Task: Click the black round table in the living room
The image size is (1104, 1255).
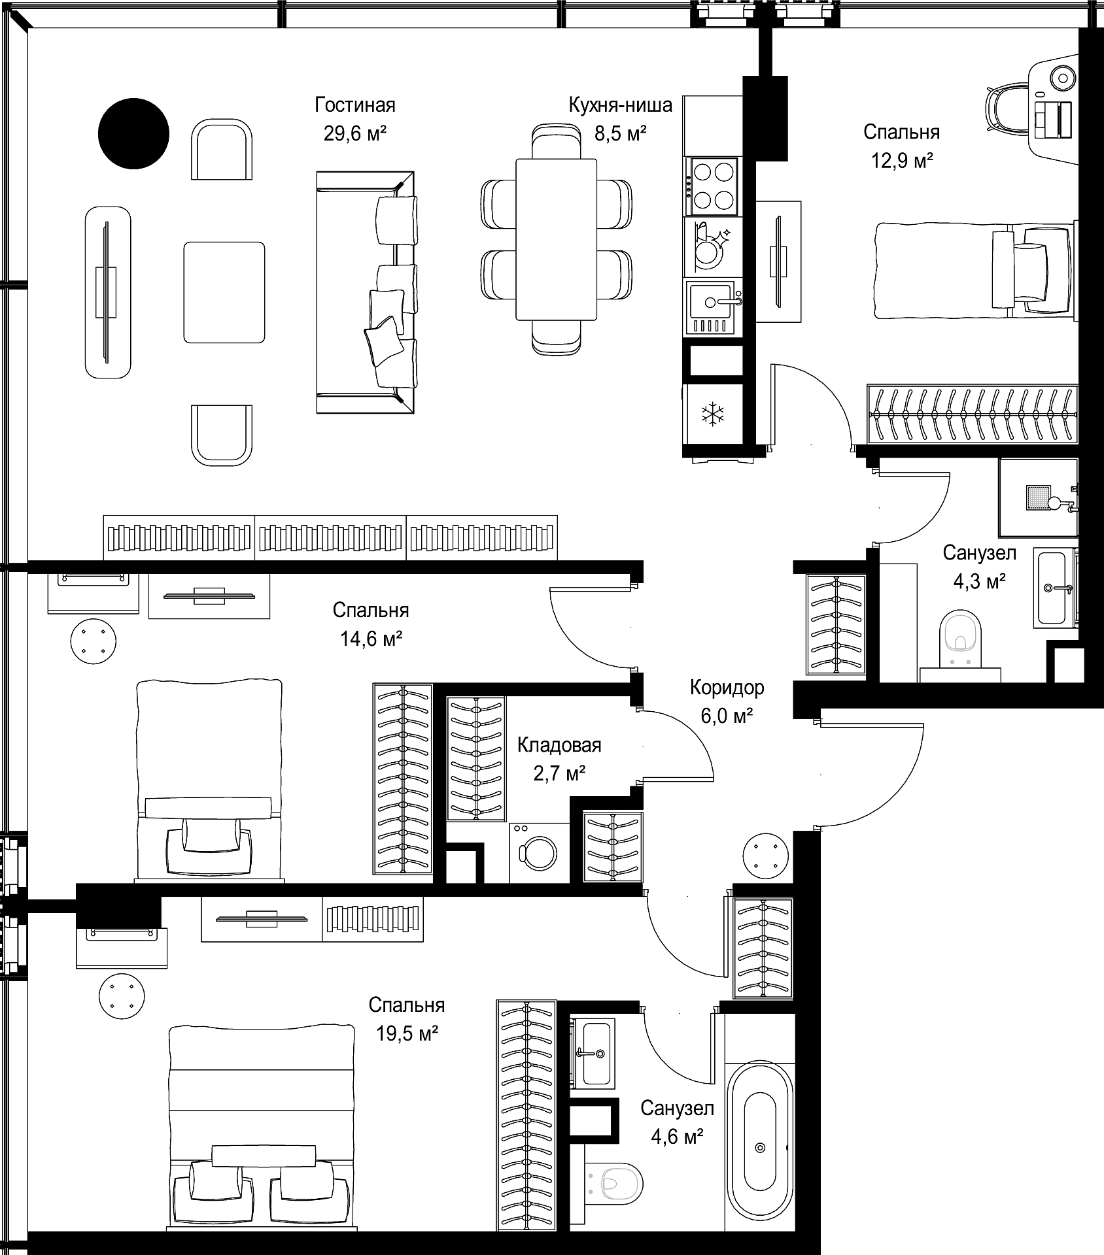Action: [133, 133]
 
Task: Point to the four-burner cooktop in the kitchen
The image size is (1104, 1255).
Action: [713, 187]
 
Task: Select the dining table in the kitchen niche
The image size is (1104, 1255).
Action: [556, 239]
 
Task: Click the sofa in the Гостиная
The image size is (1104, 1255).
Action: [366, 292]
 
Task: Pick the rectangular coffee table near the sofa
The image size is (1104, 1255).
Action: [224, 292]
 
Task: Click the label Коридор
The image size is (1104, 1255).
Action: [727, 688]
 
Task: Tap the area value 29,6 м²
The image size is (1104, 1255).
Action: [355, 134]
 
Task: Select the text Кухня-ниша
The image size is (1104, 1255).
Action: [620, 105]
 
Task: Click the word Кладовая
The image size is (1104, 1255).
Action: [559, 745]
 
